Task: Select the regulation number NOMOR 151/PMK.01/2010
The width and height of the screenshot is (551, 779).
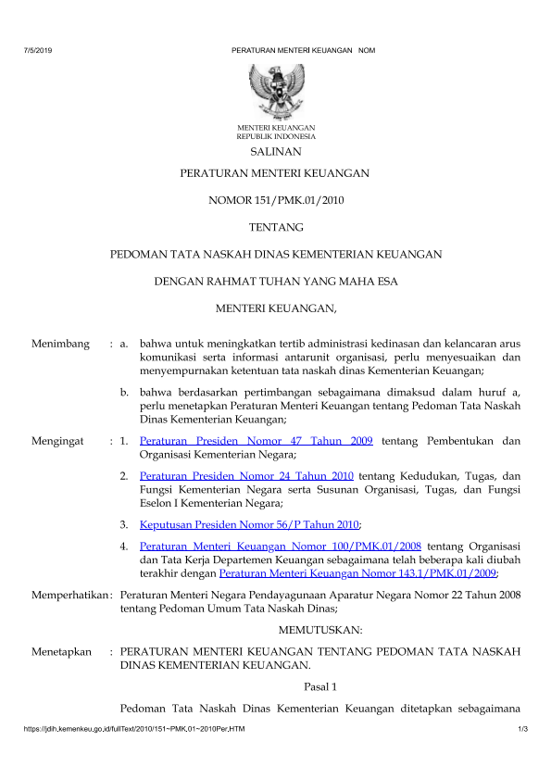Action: pyautogui.click(x=275, y=199)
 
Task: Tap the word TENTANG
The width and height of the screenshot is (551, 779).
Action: pyautogui.click(x=276, y=226)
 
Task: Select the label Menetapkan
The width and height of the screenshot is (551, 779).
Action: pyautogui.click(x=61, y=652)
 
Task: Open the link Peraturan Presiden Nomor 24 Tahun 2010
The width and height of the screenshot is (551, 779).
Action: pyautogui.click(x=241, y=476)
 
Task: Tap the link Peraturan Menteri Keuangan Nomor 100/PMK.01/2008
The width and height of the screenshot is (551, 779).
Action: pyautogui.click(x=275, y=548)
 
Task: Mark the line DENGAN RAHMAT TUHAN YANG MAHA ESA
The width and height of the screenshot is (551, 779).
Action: pyautogui.click(x=276, y=280)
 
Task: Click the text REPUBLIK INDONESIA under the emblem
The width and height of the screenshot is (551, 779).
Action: pyautogui.click(x=276, y=136)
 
